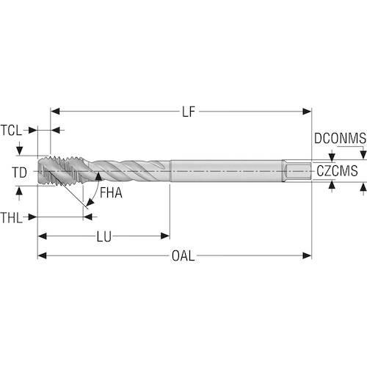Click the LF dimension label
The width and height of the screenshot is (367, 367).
[189, 112]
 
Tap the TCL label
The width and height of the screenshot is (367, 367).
[11, 130]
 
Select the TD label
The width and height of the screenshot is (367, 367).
[20, 172]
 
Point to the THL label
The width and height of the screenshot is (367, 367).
[11, 217]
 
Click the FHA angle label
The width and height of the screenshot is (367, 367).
[111, 192]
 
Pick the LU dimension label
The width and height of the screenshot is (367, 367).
[104, 236]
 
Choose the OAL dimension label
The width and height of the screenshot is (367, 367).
[183, 256]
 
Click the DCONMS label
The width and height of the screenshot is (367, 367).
[340, 138]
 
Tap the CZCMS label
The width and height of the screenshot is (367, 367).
[337, 171]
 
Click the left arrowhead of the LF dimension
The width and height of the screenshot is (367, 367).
[55, 112]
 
